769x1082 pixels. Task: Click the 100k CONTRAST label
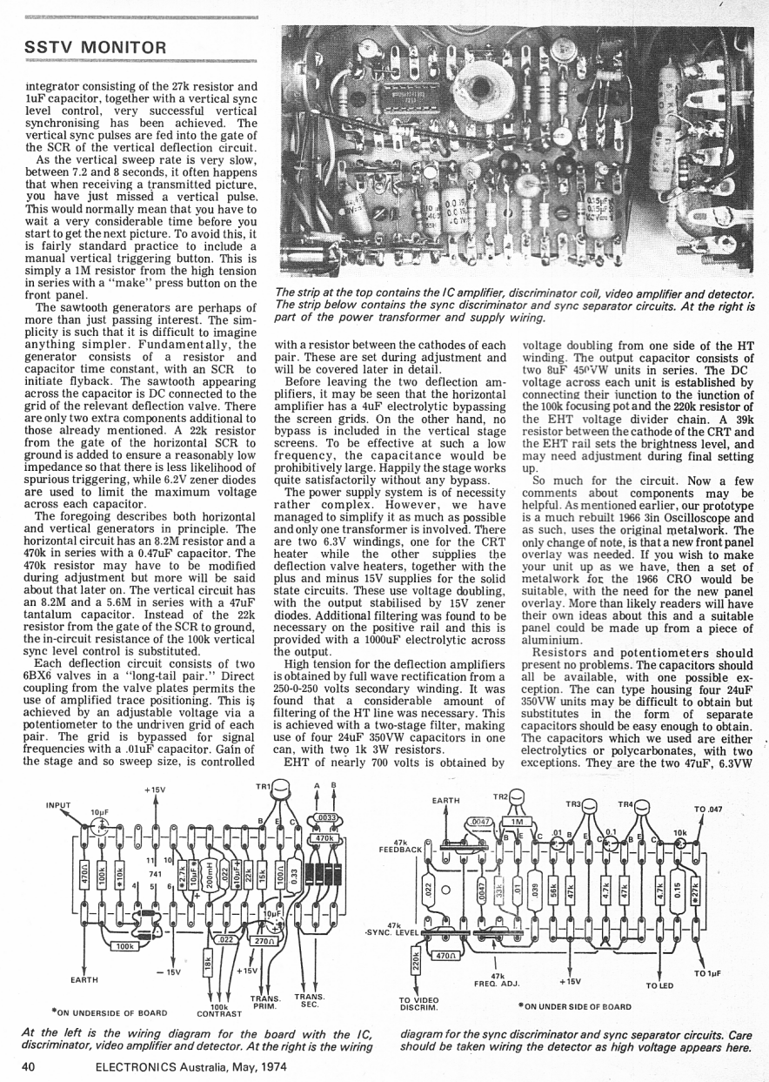218,1009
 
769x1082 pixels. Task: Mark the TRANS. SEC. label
310,999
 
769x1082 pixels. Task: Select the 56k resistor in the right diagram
552,879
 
